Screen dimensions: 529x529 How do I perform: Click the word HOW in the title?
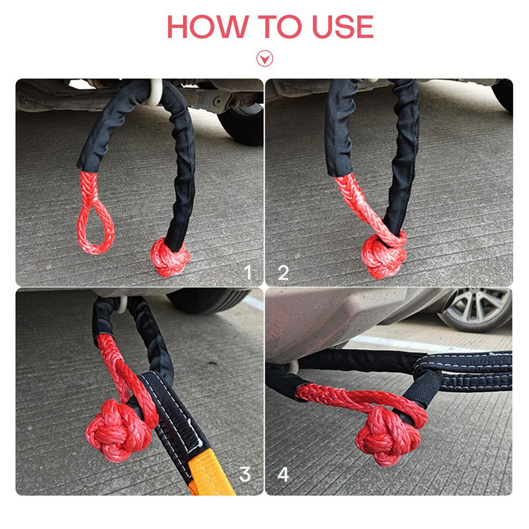coord(204,26)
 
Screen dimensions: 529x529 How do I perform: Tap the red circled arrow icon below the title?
coord(264,58)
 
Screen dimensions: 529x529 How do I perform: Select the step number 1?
coord(248,272)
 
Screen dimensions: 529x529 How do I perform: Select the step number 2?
coord(283,272)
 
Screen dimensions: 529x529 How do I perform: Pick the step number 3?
coord(245,474)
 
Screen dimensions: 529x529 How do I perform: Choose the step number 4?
coord(283,474)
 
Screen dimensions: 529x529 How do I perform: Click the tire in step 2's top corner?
coord(504,93)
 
